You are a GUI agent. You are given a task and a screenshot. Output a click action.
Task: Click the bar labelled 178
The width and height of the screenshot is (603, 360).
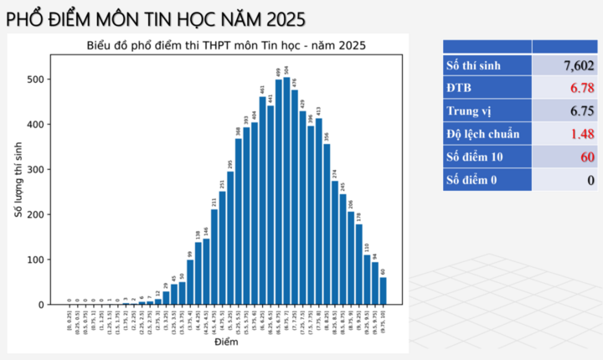(x=359, y=264)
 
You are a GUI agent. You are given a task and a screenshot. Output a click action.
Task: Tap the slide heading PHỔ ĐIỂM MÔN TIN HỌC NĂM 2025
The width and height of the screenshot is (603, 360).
(x=156, y=18)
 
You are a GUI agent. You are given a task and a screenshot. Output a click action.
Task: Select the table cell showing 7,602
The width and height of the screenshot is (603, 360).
(x=564, y=65)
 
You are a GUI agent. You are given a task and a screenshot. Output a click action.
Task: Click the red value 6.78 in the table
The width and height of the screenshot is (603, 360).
(x=564, y=88)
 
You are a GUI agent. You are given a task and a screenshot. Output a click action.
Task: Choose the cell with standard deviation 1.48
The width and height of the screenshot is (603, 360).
(x=564, y=134)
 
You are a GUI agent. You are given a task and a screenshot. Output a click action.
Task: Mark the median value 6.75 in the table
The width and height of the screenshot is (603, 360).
(x=564, y=111)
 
